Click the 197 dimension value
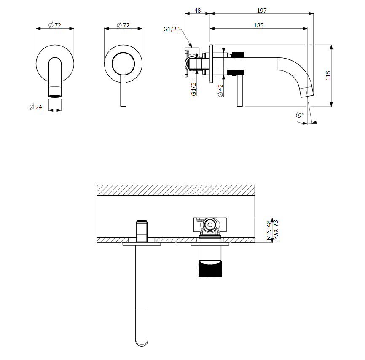262,11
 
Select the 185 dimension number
258,25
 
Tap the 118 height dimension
328,76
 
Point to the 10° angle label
299,115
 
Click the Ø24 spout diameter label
36,107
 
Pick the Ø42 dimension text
220,91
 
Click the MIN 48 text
269,230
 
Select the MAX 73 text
276,230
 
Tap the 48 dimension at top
197,11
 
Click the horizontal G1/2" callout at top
171,29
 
